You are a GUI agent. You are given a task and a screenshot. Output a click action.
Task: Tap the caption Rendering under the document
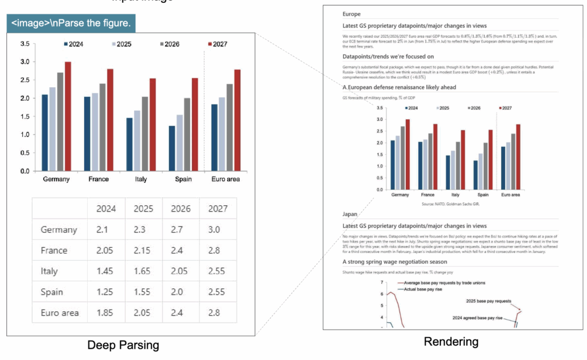click(451, 342)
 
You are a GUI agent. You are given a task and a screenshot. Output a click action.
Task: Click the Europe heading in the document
click(351, 14)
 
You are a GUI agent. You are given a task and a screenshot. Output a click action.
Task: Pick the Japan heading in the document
click(350, 214)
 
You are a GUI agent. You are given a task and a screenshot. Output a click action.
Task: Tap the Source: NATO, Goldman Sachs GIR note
click(445, 204)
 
